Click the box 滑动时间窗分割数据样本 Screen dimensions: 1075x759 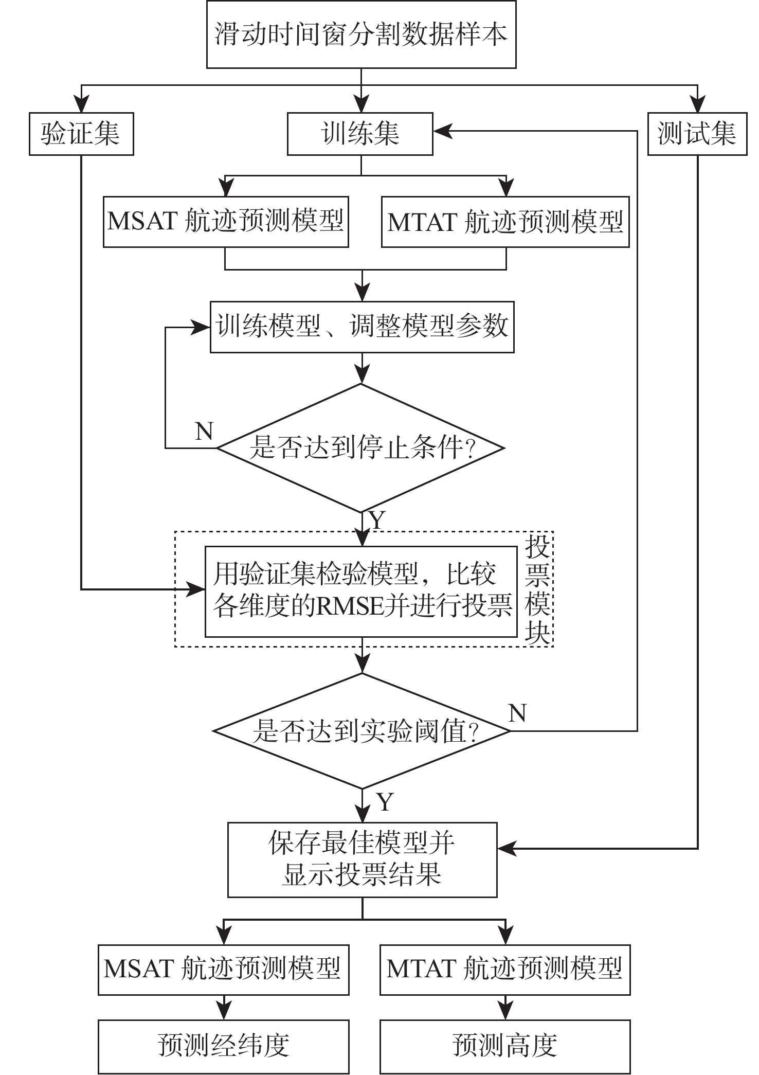coord(361,34)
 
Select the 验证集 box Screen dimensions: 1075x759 coord(81,134)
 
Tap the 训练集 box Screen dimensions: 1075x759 coord(360,134)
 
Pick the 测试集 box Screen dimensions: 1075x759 coord(697,134)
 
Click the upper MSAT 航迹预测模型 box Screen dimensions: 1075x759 coord(226,222)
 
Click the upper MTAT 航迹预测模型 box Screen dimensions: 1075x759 coord(505,222)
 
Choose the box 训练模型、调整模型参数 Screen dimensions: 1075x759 coord(362,327)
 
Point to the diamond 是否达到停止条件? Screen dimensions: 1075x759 coord(361,447)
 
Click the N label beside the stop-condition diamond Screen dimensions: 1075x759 coord(204,431)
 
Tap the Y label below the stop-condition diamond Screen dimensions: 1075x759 coord(377,521)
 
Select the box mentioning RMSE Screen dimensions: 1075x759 coord(361,592)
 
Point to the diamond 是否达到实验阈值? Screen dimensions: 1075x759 coord(362,730)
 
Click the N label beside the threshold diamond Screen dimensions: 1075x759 coord(517,713)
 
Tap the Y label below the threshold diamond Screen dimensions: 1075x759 coord(385,802)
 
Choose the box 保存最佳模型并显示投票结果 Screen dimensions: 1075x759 coord(362,859)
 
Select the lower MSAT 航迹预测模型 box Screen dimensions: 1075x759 coord(223,969)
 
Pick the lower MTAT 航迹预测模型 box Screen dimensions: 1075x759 coord(505,969)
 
